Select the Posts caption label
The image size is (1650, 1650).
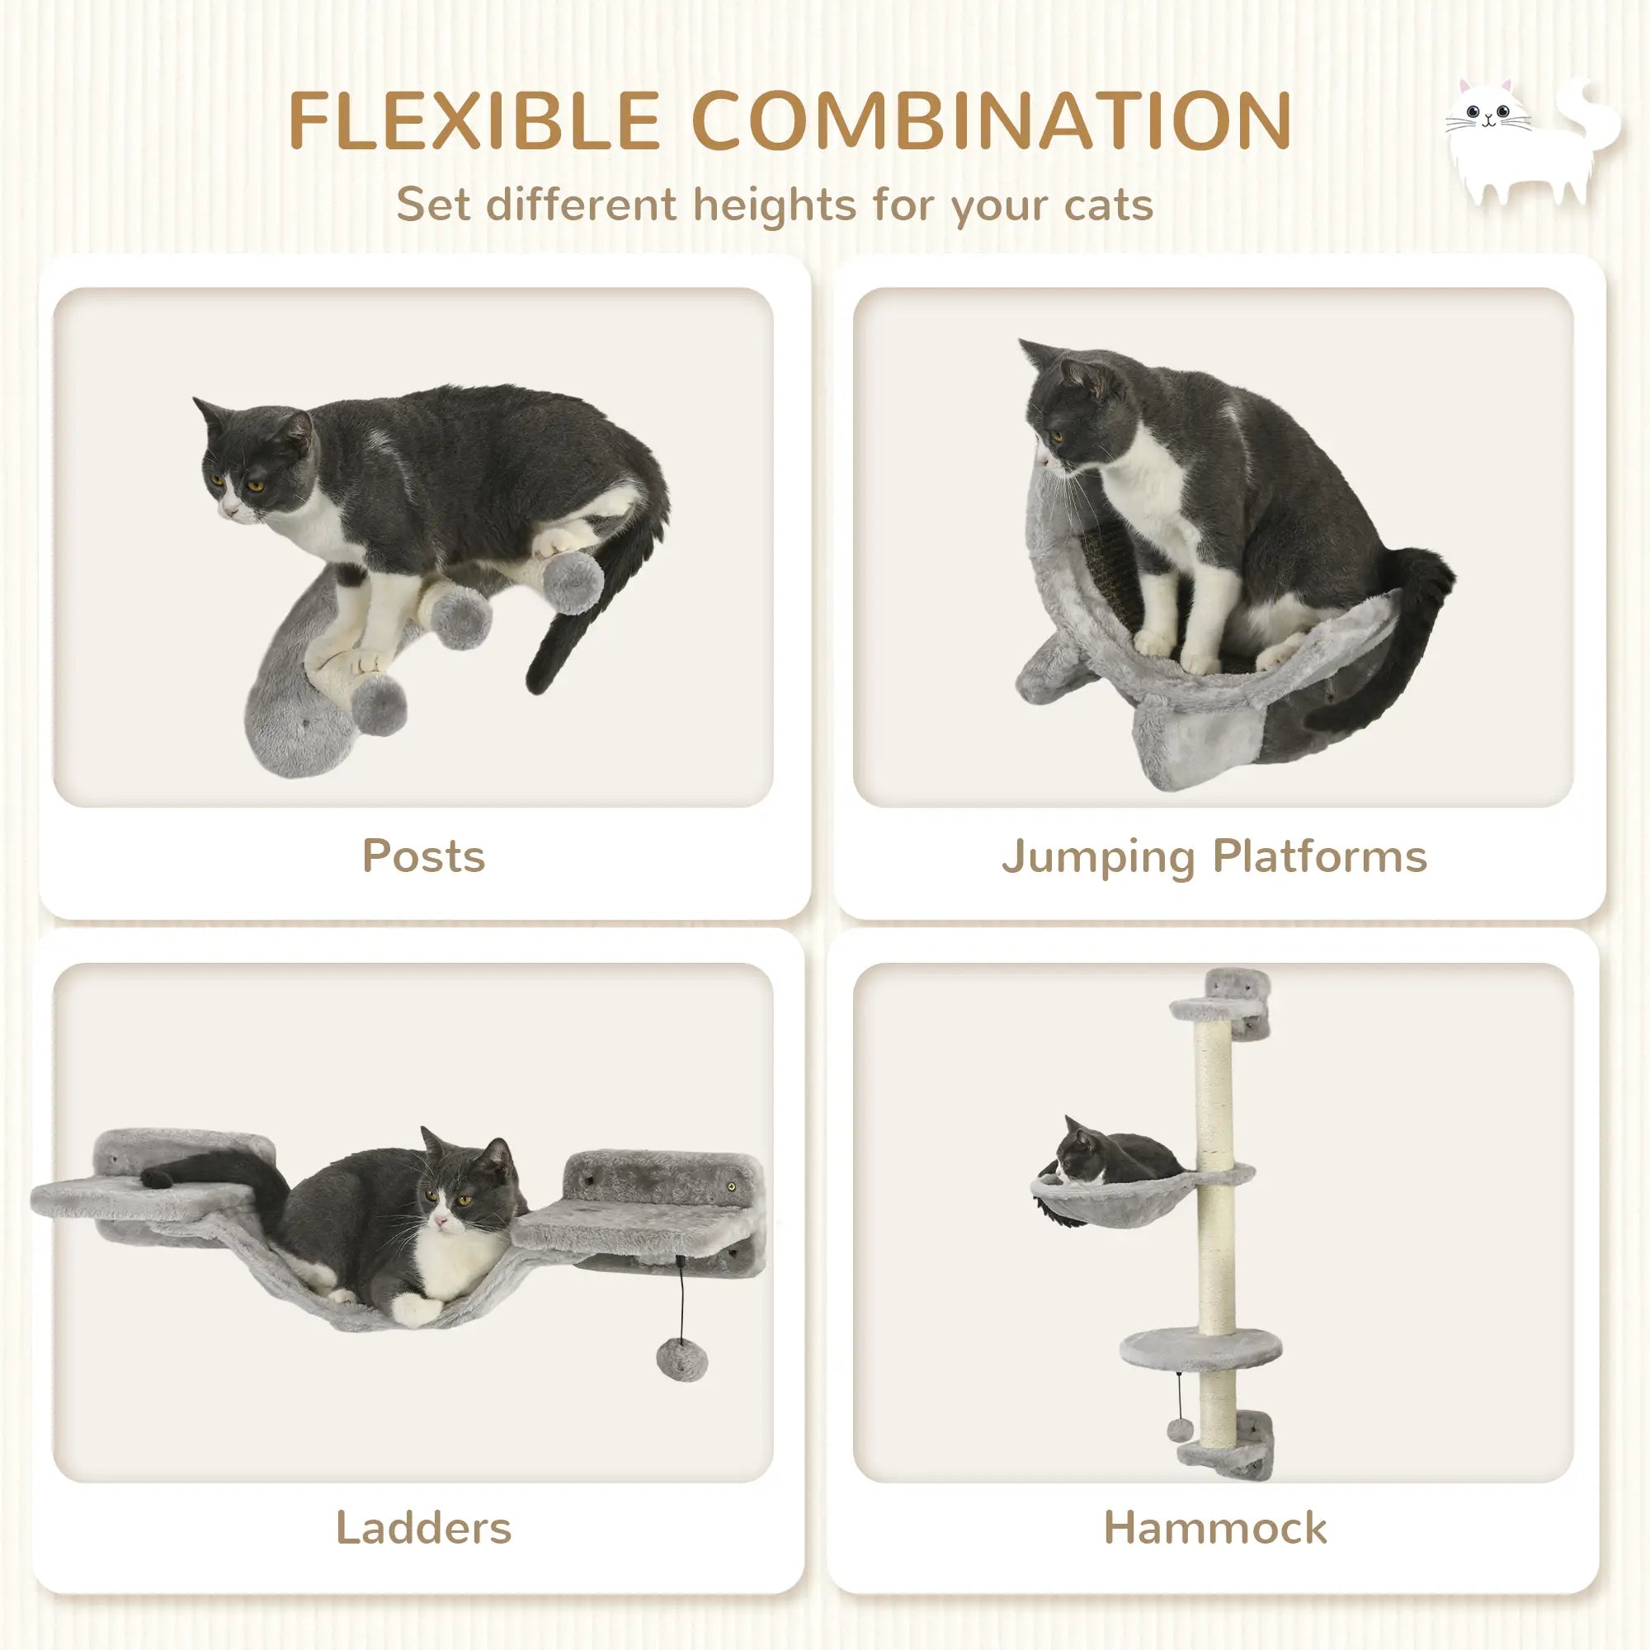[x=423, y=856]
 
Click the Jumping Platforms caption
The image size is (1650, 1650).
[x=1214, y=856]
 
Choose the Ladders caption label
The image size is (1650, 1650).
[x=423, y=1528]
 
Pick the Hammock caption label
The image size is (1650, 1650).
[x=1214, y=1528]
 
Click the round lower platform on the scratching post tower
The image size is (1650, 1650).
[x=1200, y=1349]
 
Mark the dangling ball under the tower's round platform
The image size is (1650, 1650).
[x=1180, y=1430]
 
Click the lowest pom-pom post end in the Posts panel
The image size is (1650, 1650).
[x=379, y=705]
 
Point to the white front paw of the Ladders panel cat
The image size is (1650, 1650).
[x=415, y=1308]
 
